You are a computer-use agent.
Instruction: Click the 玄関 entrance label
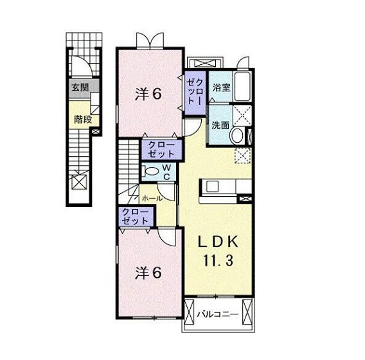[80, 88]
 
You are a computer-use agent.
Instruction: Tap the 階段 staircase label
[82, 119]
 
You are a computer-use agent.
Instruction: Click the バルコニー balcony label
[218, 314]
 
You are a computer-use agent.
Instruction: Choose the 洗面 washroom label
[220, 125]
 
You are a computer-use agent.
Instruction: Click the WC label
[165, 172]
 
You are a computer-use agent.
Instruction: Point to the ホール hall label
[152, 198]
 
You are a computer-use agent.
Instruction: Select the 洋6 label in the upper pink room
[148, 94]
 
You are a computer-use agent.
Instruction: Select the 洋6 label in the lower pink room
[147, 273]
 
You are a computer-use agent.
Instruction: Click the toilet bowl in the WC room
[152, 172]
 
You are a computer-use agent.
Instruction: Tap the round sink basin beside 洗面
[236, 136]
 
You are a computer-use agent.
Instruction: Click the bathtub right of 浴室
[243, 87]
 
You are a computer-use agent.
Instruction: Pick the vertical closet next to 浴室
[195, 92]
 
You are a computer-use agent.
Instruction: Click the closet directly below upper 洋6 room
[160, 150]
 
